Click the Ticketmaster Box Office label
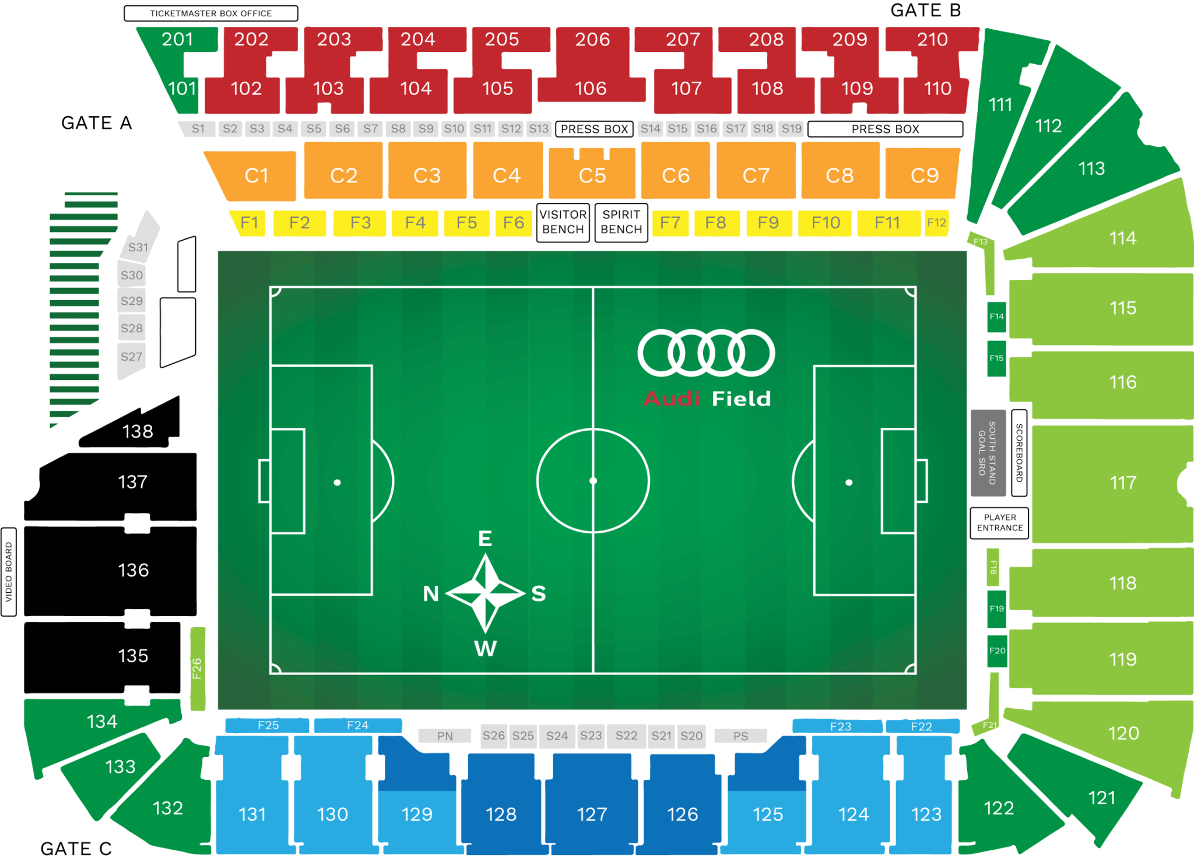210,13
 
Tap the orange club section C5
592,175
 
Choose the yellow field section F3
360,223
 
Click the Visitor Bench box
563,222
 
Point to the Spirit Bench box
621,222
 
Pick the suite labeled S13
539,129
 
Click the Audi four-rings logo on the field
706,353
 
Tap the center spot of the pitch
593,481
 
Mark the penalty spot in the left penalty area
337,483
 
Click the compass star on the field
486,593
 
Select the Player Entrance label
999,523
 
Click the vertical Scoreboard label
1019,453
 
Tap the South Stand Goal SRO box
988,453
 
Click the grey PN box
445,736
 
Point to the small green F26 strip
198,669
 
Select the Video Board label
9,572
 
